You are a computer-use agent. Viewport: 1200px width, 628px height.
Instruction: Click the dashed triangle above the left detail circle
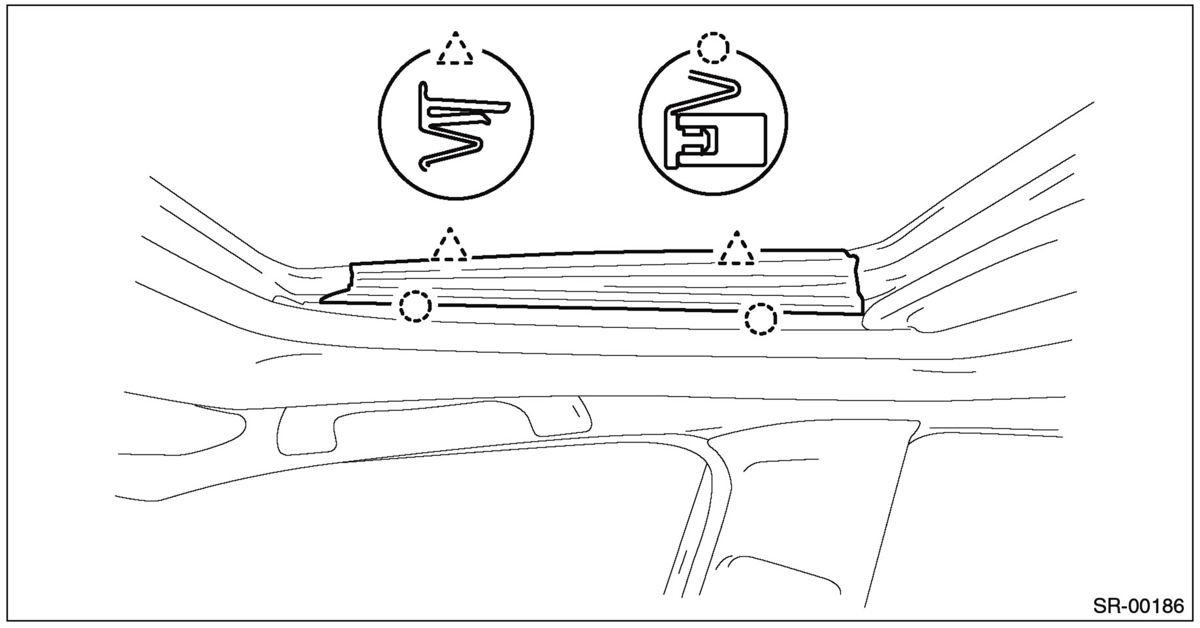point(456,50)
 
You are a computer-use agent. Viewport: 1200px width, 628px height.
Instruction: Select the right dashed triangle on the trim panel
point(736,249)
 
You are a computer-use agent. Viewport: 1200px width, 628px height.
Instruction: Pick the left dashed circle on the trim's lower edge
point(416,306)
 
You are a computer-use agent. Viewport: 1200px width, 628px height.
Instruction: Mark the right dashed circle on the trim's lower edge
point(760,319)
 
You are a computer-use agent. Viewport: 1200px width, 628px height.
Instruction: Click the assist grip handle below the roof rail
point(431,425)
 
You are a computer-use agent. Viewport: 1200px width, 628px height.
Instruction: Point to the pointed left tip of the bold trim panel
point(323,302)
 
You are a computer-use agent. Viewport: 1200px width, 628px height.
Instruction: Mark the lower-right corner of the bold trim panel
point(863,314)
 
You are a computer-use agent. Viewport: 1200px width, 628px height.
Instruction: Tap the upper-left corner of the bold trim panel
point(352,264)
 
